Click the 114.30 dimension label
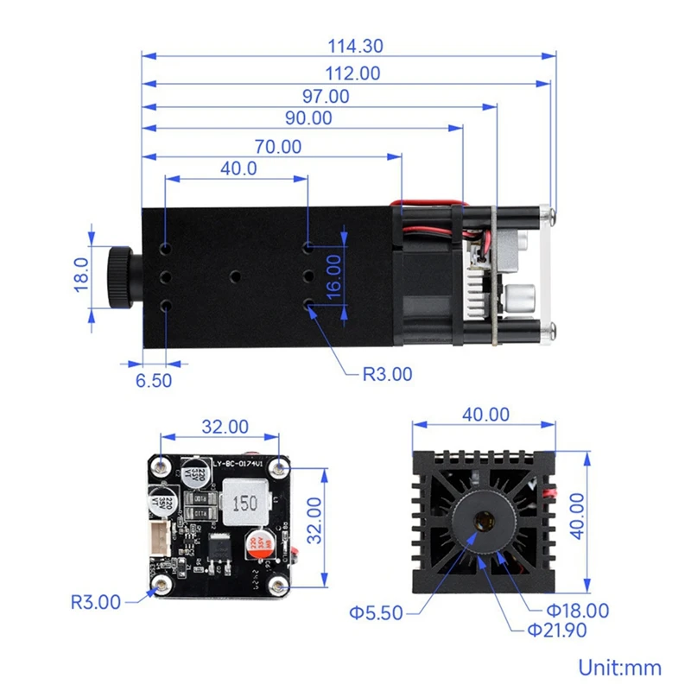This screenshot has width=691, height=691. pyautogui.click(x=355, y=46)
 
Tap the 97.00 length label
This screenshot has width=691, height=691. pyautogui.click(x=321, y=97)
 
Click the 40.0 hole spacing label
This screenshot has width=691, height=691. pyautogui.click(x=238, y=168)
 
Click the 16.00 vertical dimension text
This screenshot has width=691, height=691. pyautogui.click(x=334, y=275)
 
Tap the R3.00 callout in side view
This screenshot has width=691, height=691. pyautogui.click(x=386, y=374)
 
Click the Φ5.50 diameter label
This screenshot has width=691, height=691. pyautogui.click(x=376, y=612)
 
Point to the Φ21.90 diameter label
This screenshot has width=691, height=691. pyautogui.click(x=557, y=630)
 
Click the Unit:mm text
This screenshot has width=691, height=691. pyautogui.click(x=620, y=667)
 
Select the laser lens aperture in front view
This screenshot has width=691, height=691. pyautogui.click(x=484, y=522)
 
